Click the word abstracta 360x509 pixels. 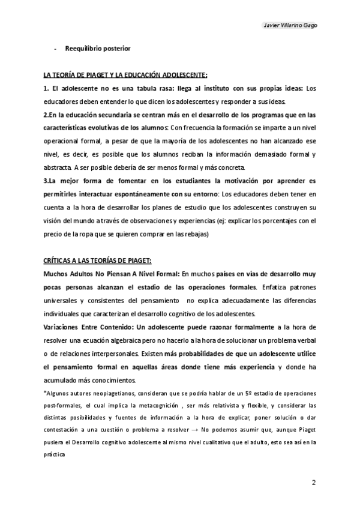(58, 167)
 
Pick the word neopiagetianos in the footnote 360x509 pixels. (107, 392)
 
